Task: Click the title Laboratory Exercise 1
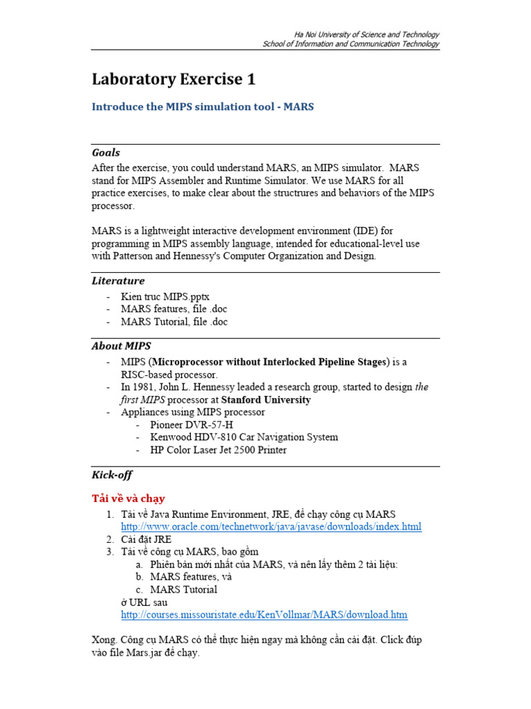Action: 174,80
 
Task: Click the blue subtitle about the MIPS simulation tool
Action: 203,107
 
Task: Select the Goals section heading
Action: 106,152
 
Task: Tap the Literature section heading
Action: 118,280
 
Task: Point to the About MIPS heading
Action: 121,345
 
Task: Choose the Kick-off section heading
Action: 112,475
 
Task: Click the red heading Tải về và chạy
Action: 129,499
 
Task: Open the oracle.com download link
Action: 271,527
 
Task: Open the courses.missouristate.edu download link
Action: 264,614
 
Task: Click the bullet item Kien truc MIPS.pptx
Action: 165,297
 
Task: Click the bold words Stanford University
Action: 265,400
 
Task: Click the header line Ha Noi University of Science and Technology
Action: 366,34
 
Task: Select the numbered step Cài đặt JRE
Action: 146,539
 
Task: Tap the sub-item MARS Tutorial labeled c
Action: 183,589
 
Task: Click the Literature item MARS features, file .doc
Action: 174,309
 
